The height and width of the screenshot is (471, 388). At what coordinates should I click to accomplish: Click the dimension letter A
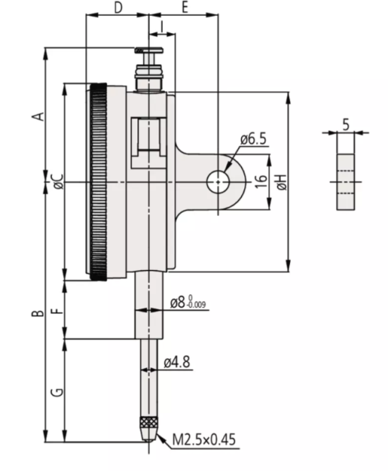[x=35, y=115]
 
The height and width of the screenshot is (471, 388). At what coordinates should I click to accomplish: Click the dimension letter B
[x=35, y=314]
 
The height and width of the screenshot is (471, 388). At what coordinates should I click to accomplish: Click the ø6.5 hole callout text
[x=253, y=139]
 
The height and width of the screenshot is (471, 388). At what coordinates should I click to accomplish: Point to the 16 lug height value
[x=259, y=182]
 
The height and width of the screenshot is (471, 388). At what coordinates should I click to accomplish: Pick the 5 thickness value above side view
[x=346, y=123]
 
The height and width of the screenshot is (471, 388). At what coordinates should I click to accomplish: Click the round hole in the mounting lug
[x=217, y=182]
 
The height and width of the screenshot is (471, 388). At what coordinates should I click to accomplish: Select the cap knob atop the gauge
[x=148, y=53]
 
